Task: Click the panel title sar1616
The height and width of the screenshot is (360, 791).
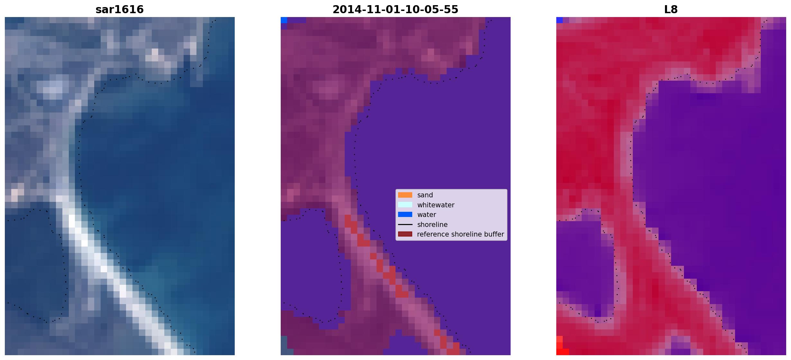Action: tap(120, 9)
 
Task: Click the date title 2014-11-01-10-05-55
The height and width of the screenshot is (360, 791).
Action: tap(395, 9)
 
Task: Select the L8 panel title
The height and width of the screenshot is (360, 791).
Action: tap(671, 9)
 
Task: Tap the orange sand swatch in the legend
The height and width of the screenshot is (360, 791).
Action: tap(405, 195)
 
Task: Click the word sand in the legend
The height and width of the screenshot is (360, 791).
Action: tap(425, 195)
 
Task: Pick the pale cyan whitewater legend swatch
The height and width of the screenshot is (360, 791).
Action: tap(405, 205)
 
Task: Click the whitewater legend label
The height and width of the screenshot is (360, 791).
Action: tap(436, 205)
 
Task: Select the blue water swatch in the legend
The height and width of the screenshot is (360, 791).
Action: tap(405, 214)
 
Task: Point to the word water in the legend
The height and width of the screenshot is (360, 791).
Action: tap(427, 215)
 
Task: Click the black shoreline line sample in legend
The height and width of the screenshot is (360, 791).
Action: tap(405, 224)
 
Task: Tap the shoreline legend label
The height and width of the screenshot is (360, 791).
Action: tap(432, 225)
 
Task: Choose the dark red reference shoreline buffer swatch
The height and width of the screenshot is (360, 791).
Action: tap(405, 234)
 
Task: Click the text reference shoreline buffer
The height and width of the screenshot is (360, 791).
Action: tap(460, 234)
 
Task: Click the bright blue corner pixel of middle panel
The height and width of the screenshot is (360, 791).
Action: tap(284, 20)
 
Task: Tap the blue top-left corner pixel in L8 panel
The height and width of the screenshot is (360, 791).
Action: tap(559, 20)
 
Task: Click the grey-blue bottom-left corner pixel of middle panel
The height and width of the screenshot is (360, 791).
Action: tap(284, 345)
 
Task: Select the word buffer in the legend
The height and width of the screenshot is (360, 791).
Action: tap(494, 234)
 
